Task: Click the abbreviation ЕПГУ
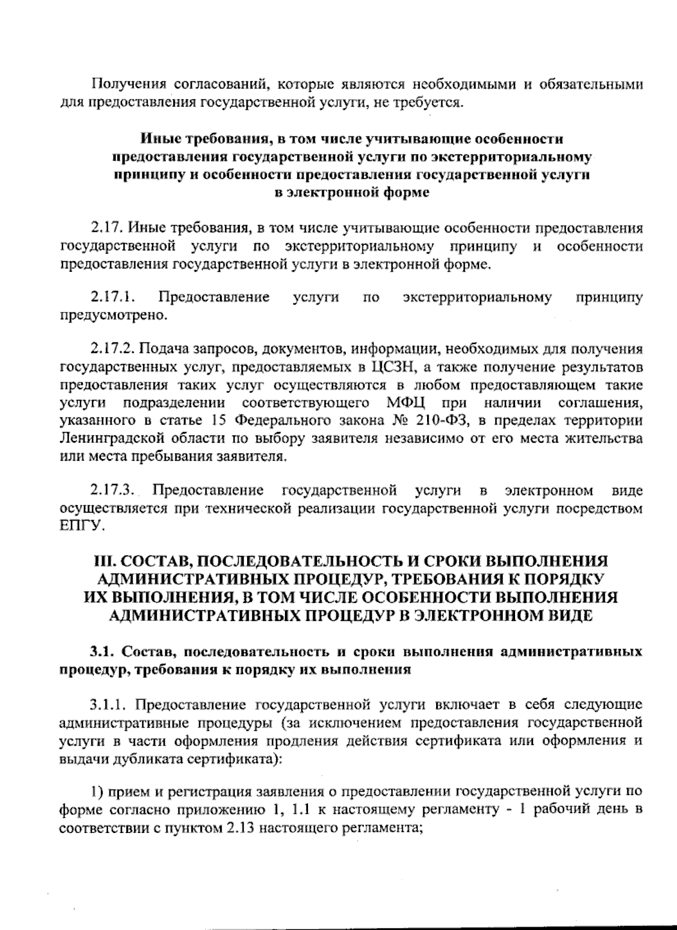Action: point(82,526)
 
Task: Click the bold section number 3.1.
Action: point(102,653)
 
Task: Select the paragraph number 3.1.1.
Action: point(109,705)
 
